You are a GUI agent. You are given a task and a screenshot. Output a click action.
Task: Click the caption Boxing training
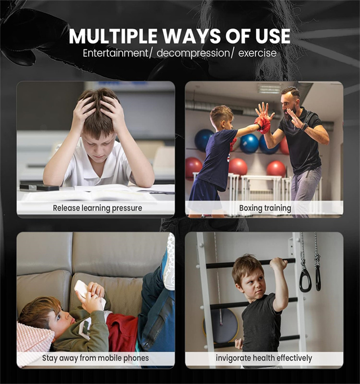tap(264, 208)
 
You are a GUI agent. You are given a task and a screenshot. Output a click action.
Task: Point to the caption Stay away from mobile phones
tap(96, 358)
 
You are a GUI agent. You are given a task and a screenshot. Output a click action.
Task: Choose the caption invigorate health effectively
tap(264, 358)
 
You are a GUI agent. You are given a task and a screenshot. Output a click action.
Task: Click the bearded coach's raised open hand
tap(265, 110)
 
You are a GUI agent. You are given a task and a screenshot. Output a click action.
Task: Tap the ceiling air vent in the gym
tap(270, 89)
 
